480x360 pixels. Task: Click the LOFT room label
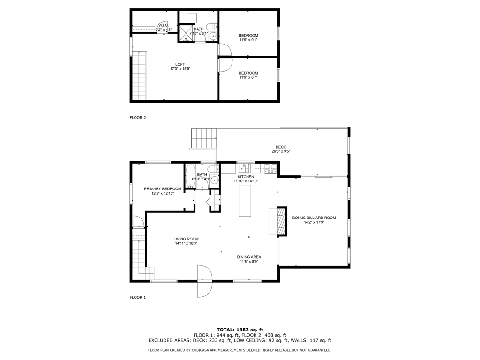[x=180, y=64]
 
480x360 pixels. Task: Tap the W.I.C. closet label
[x=163, y=25]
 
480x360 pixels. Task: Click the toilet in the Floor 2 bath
[x=212, y=26]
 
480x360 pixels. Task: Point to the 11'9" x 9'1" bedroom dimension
[x=248, y=40]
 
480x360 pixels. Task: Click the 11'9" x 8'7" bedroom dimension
[x=248, y=77]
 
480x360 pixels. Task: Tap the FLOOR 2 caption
[x=138, y=118]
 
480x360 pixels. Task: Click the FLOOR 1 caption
[x=138, y=297]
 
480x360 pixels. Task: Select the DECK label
[x=281, y=147]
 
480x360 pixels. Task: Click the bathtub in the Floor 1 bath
[x=190, y=176]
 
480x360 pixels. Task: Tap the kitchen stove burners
[x=270, y=168]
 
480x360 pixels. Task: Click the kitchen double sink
[x=244, y=168]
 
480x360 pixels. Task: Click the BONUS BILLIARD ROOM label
[x=314, y=218]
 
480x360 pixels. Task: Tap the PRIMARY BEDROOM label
[x=163, y=189]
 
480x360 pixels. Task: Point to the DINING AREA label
[x=249, y=257]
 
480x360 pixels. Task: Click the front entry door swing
[x=204, y=281]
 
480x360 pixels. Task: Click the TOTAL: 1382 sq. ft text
[x=240, y=330]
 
